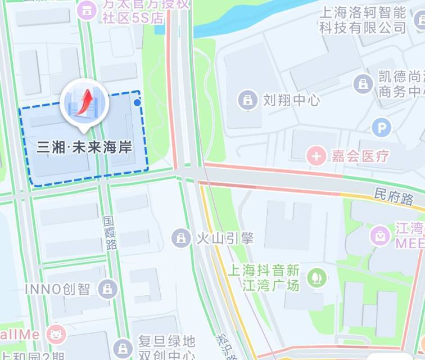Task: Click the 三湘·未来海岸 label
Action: (84, 148)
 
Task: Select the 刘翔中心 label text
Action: (291, 101)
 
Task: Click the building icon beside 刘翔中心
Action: (247, 101)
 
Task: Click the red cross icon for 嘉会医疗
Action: (316, 155)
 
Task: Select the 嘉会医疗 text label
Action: (360, 156)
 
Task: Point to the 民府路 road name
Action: (394, 197)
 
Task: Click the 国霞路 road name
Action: (111, 231)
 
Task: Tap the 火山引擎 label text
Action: (224, 238)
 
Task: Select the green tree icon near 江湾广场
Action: (317, 277)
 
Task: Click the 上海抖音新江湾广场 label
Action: (263, 277)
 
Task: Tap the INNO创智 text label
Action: (57, 289)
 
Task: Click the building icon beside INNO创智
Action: (106, 290)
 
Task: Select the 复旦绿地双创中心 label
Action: (167, 348)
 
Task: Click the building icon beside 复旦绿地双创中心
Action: (123, 348)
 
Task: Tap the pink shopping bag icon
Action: (381, 235)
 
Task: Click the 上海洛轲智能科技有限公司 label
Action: (363, 19)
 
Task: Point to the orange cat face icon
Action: (56, 335)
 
